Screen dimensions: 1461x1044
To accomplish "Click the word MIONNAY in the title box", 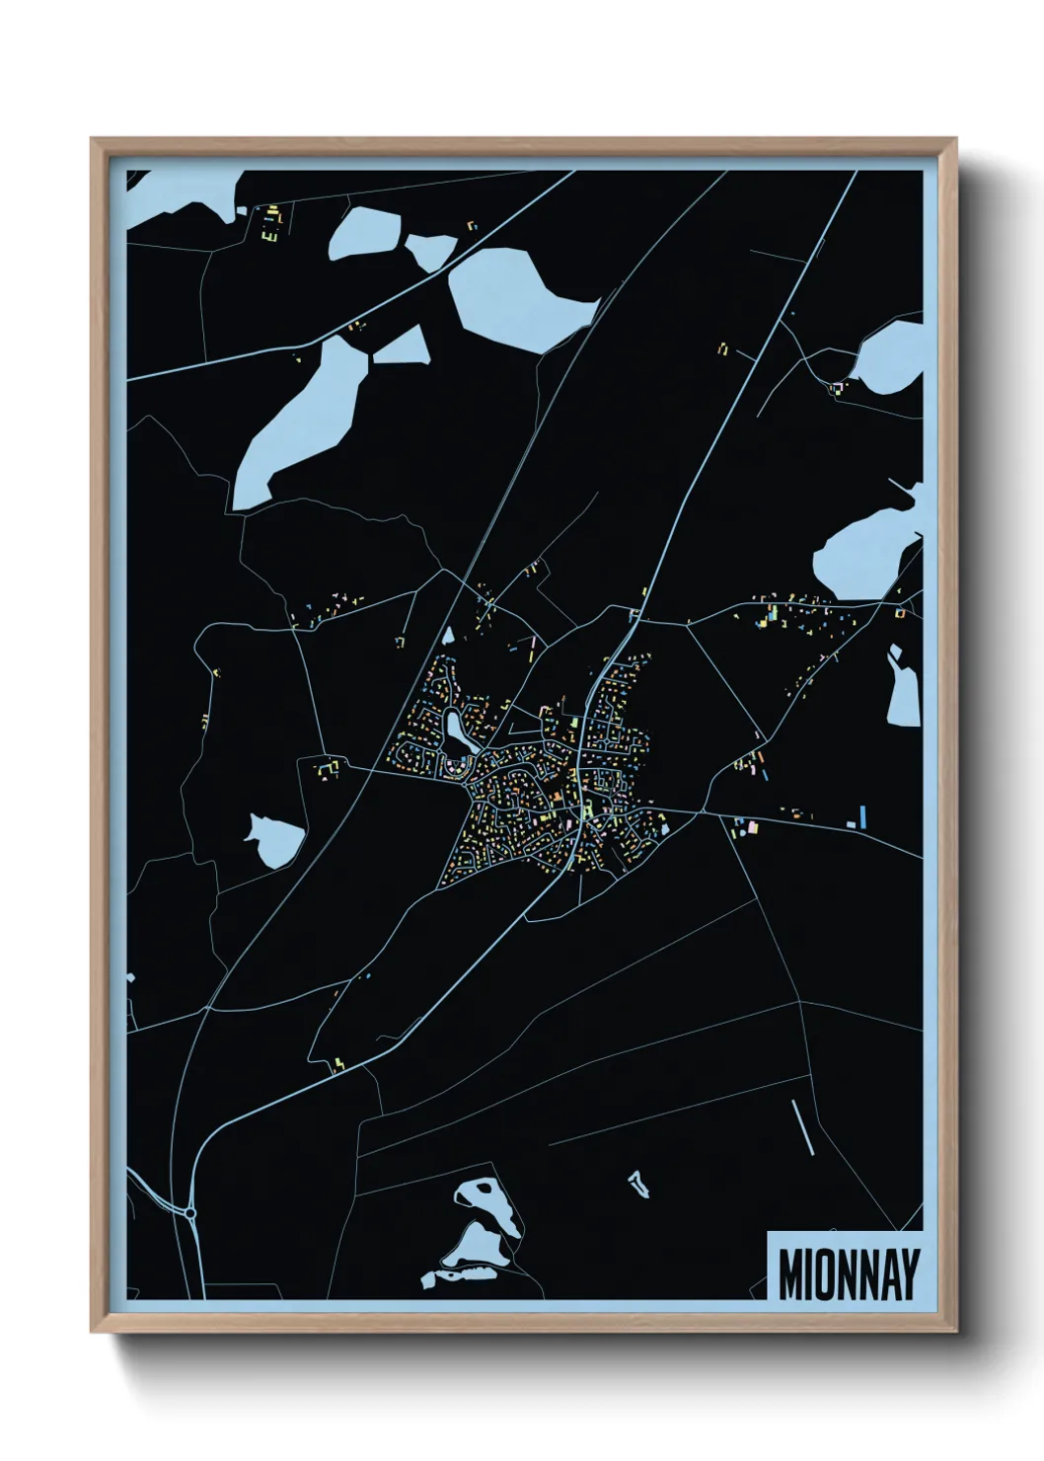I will click(849, 1274).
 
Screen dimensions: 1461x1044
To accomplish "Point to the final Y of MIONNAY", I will click(910, 1274).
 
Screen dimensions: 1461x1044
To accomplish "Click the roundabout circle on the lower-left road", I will click(190, 1212).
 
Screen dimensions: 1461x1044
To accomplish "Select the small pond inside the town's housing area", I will click(457, 731).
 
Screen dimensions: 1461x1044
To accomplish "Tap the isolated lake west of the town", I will click(275, 840).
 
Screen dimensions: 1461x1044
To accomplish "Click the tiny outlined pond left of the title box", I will click(639, 1183).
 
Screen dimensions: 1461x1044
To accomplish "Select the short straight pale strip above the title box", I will click(802, 1126).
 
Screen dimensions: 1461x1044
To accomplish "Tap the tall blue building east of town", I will click(862, 816).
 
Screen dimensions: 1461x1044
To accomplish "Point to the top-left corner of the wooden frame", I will click(92, 139).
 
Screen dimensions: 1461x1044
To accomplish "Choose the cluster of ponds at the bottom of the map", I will click(479, 1234).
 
